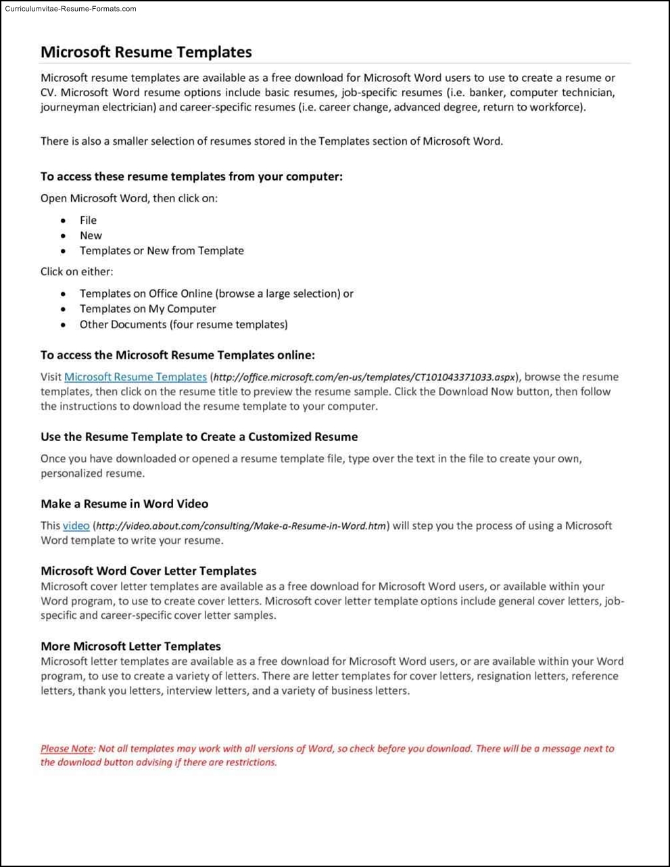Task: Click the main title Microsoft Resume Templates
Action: (x=146, y=52)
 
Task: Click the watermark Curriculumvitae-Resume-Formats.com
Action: (x=70, y=9)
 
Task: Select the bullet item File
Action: (x=88, y=220)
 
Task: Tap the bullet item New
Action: (x=91, y=235)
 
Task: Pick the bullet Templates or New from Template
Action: (x=162, y=251)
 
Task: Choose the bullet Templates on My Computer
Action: (x=147, y=309)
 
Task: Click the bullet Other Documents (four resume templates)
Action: (x=183, y=325)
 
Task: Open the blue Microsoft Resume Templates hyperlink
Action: (x=135, y=377)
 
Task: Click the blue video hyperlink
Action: (x=76, y=526)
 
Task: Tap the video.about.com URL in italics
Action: (x=241, y=526)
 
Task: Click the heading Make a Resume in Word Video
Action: (x=124, y=504)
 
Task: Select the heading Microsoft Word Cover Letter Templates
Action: (x=148, y=571)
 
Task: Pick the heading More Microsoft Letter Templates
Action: (x=130, y=646)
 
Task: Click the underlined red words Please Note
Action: (x=67, y=749)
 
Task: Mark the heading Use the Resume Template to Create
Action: (x=199, y=437)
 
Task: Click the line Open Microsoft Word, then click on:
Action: (x=128, y=199)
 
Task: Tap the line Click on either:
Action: (x=76, y=272)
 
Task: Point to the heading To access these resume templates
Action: (x=191, y=177)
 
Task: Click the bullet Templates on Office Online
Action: (x=216, y=294)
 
